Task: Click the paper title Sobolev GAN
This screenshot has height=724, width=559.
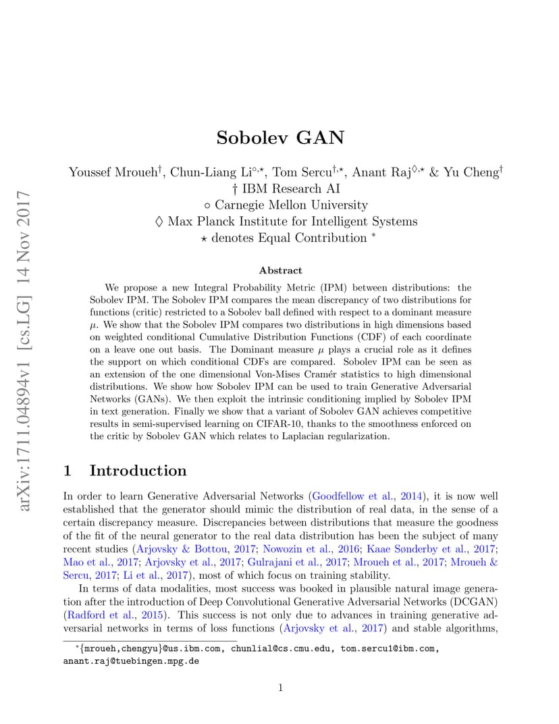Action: coord(280,138)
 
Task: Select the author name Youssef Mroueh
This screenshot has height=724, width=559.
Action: coord(112,172)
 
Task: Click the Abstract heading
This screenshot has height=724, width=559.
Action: coord(280,270)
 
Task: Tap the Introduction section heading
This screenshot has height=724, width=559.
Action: coord(138,470)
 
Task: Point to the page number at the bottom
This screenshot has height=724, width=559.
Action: coord(280,688)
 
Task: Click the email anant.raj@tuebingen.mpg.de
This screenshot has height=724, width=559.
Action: coord(131,661)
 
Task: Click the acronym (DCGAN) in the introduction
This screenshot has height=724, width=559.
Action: coord(472,602)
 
